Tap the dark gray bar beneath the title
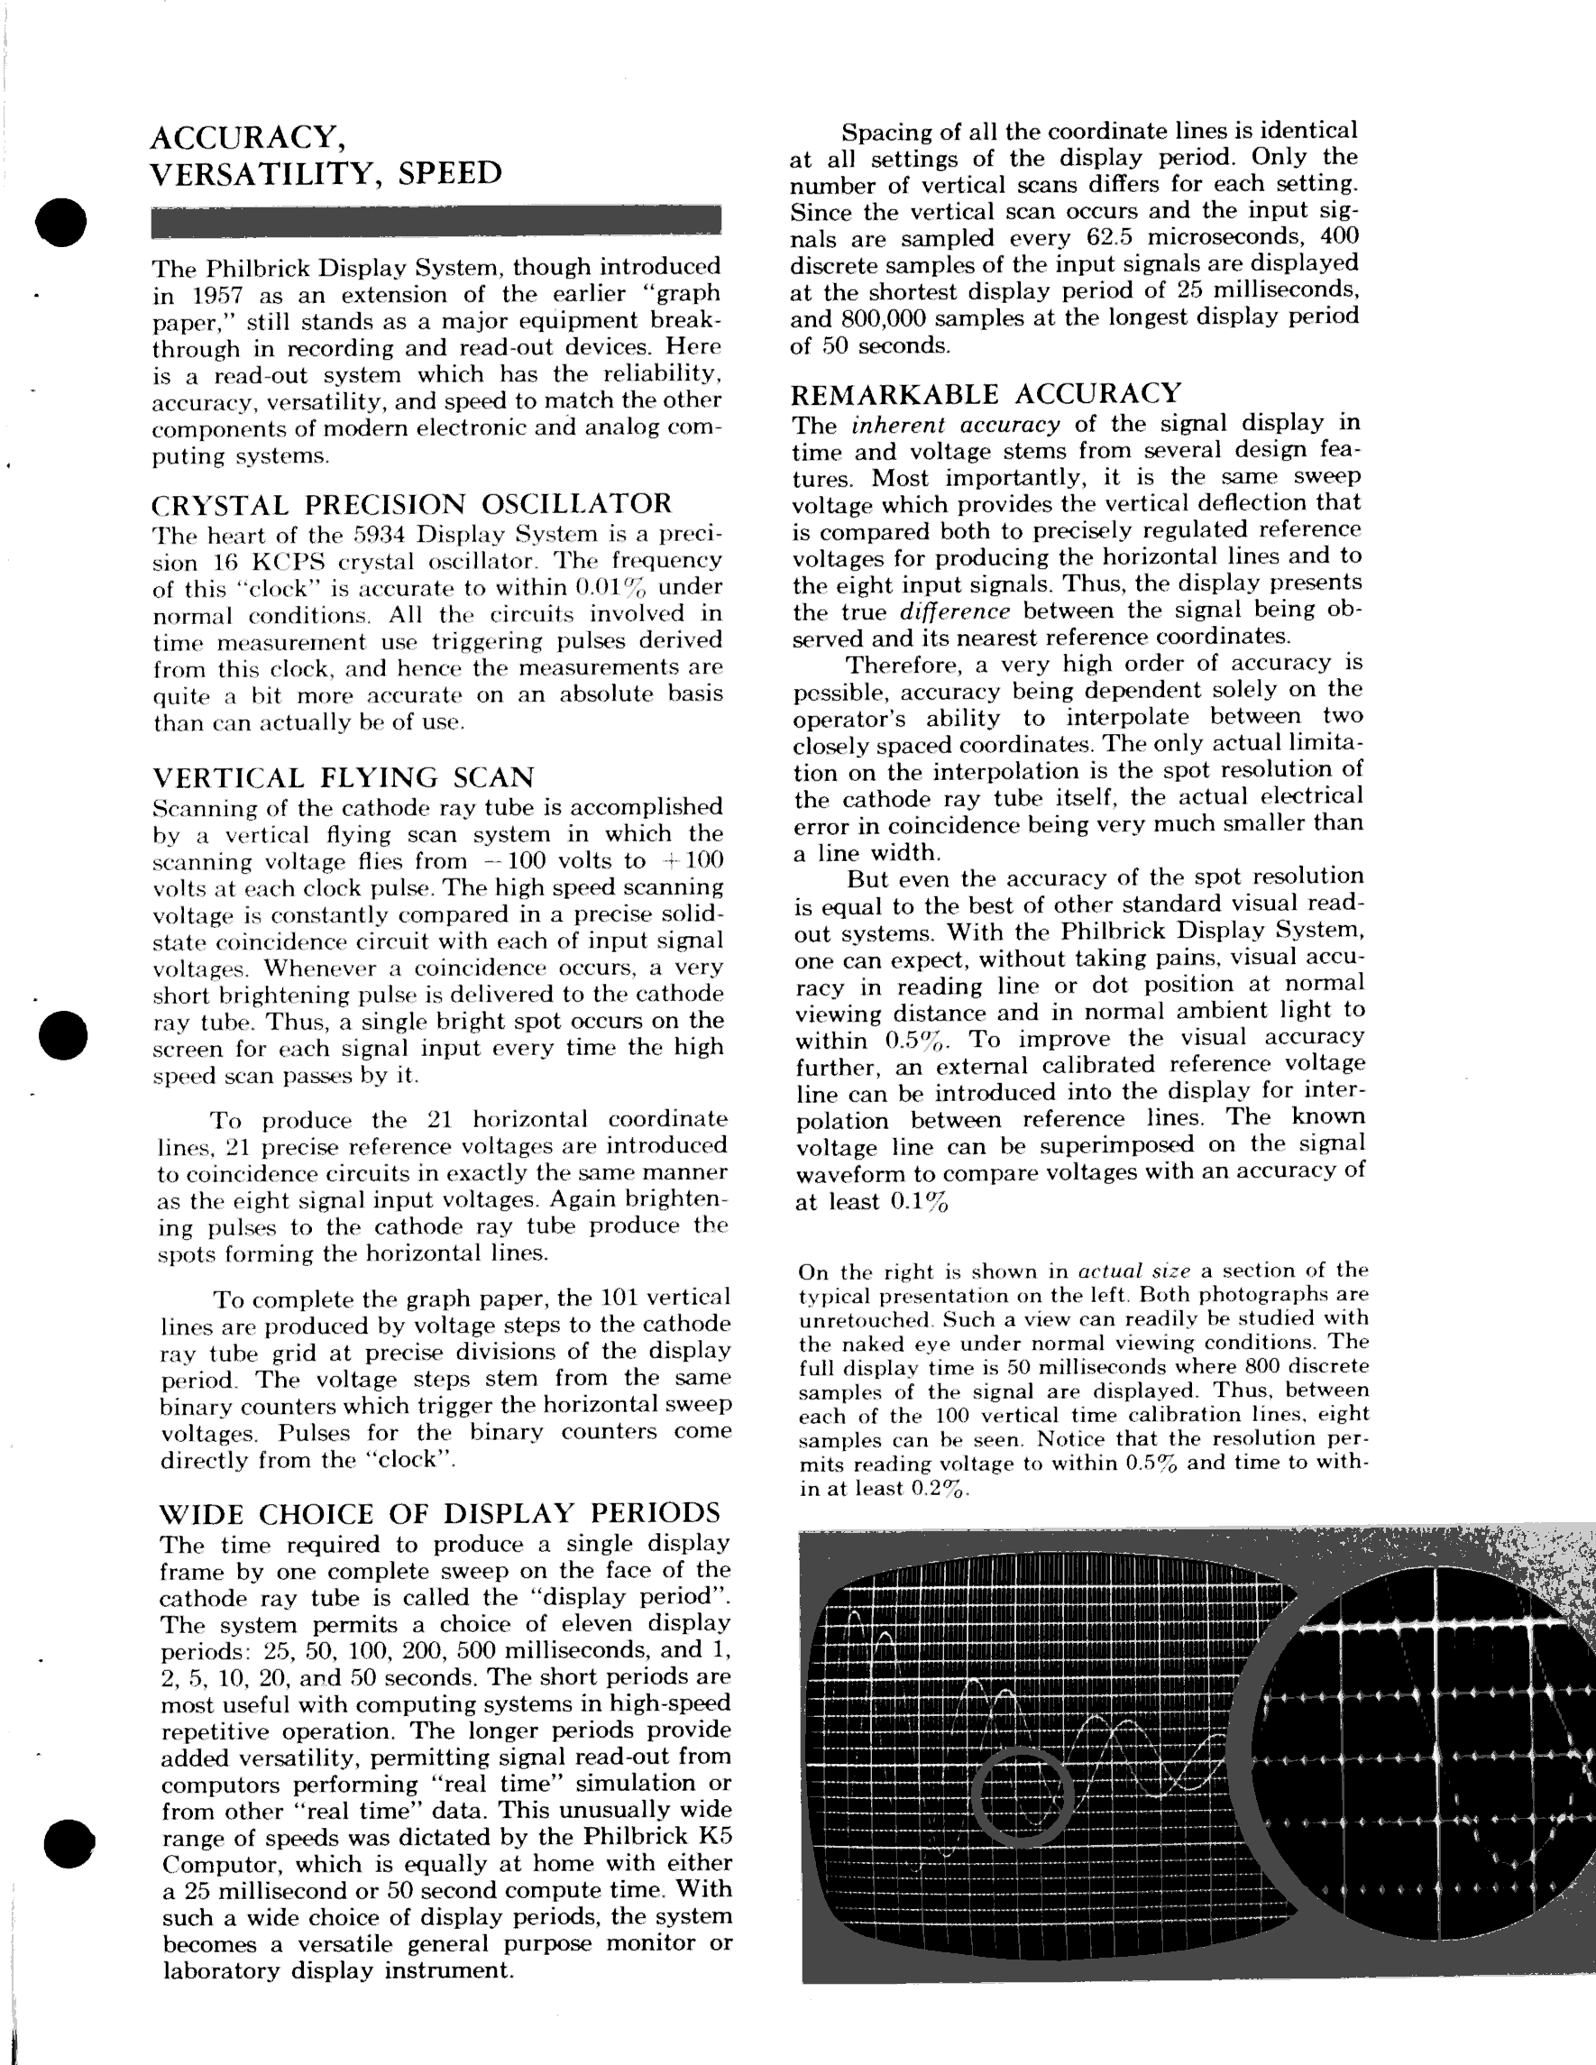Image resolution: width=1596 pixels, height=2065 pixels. pyautogui.click(x=436, y=219)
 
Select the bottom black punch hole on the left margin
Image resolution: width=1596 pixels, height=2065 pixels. pyautogui.click(x=69, y=1843)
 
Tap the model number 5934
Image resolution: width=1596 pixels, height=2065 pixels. pyautogui.click(x=379, y=535)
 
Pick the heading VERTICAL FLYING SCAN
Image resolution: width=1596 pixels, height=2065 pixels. pyautogui.click(x=344, y=777)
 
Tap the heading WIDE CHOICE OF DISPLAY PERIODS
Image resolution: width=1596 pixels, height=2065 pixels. pyautogui.click(x=440, y=1513)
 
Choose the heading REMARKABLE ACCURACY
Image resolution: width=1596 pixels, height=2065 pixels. pyautogui.click(x=986, y=393)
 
